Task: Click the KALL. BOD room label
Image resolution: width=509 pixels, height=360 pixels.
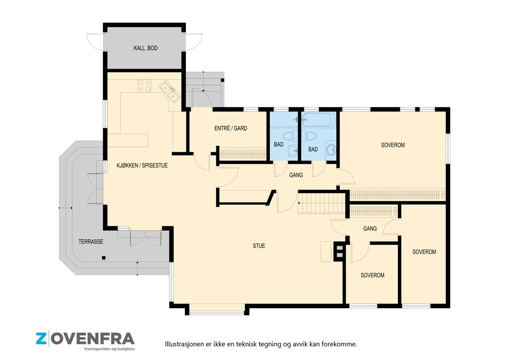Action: click(145, 48)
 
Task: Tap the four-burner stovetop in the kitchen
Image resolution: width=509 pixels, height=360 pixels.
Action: click(144, 86)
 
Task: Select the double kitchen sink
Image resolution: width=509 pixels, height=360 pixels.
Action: click(170, 92)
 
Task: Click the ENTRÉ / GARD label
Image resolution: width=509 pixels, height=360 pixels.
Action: click(231, 128)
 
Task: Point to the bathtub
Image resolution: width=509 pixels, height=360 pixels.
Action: click(319, 119)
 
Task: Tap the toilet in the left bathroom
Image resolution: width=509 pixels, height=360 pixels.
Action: click(289, 136)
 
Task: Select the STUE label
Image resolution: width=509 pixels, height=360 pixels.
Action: click(259, 246)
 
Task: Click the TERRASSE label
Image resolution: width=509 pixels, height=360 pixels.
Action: click(91, 242)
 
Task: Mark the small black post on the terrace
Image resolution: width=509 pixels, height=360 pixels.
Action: click(103, 258)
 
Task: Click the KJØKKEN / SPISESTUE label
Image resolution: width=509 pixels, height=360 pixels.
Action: click(142, 165)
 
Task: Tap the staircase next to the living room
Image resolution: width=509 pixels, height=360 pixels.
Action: click(322, 203)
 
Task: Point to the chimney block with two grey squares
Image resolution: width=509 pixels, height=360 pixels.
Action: click(339, 251)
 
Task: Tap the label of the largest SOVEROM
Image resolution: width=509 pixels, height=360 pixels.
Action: click(393, 145)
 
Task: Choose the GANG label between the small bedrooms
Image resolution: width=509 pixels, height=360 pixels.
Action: click(370, 228)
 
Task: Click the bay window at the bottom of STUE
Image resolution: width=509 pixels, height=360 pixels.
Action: click(217, 313)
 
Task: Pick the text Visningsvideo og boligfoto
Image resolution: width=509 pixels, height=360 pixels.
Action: click(109, 349)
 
